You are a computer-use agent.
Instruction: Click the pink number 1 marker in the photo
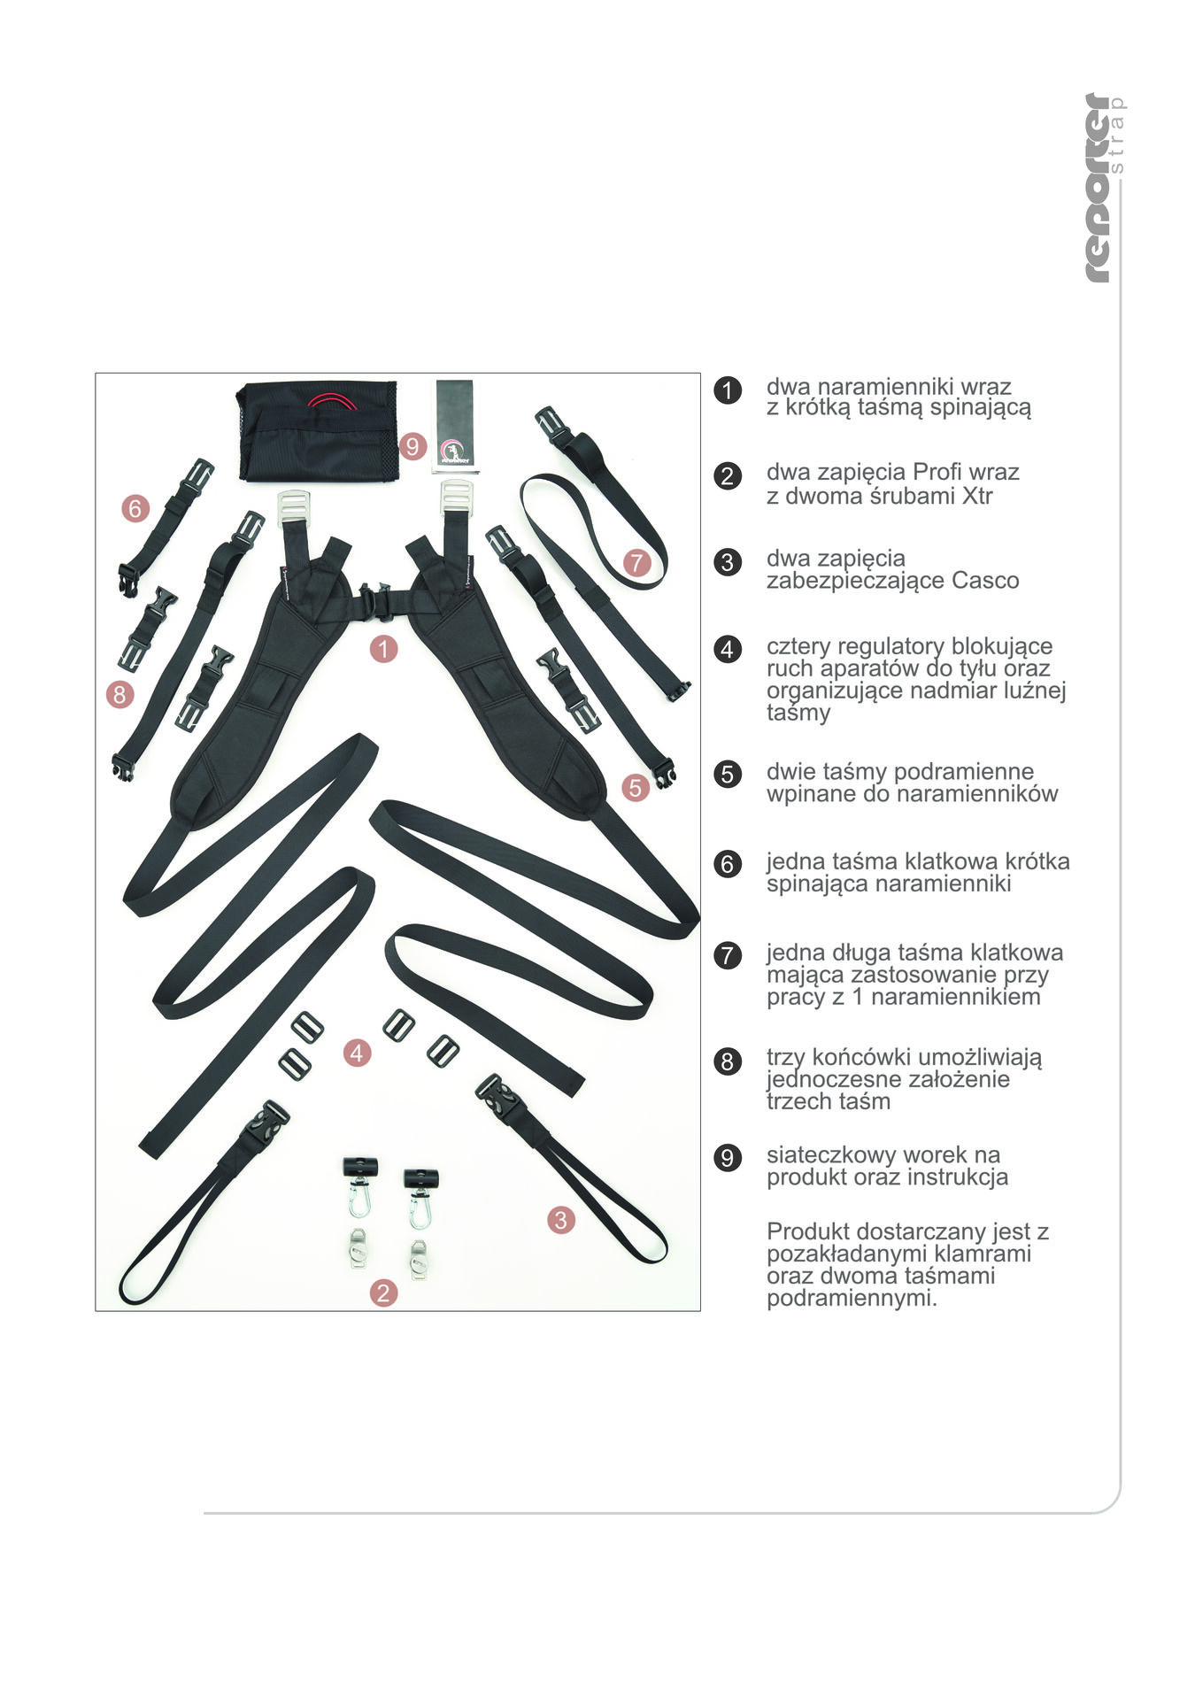[382, 649]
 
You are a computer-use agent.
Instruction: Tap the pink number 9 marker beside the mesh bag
[412, 446]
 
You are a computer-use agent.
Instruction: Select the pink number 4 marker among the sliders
[357, 1053]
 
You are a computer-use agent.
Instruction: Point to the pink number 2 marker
[382, 1293]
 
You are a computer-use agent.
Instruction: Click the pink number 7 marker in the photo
[636, 562]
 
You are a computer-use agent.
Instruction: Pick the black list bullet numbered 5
[728, 774]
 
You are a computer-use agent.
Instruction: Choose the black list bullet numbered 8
[728, 1061]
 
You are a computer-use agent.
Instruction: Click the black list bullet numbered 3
[728, 561]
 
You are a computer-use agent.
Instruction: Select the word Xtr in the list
[976, 496]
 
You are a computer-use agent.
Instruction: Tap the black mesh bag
[318, 431]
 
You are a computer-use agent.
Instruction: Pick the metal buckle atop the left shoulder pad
[293, 508]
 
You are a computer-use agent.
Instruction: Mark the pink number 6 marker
[135, 508]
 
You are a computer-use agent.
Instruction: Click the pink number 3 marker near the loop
[560, 1220]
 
